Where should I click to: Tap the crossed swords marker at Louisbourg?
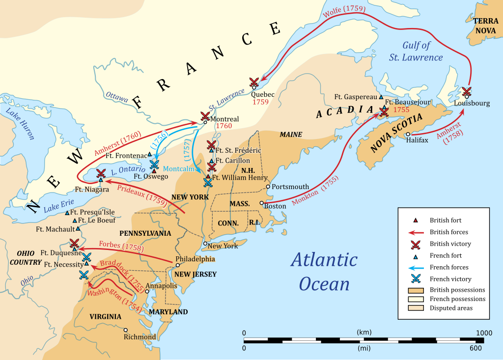click(467, 91)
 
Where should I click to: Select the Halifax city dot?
click(408, 134)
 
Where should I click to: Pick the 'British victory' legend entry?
click(450, 244)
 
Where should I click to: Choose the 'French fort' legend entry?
click(446, 255)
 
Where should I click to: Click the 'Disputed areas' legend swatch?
click(416, 308)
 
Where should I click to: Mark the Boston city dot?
click(262, 203)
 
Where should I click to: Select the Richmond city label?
click(140, 337)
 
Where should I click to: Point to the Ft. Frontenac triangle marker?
click(150, 155)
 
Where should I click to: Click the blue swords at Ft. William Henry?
click(208, 183)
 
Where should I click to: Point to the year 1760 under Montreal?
click(224, 126)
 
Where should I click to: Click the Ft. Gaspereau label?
click(356, 97)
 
